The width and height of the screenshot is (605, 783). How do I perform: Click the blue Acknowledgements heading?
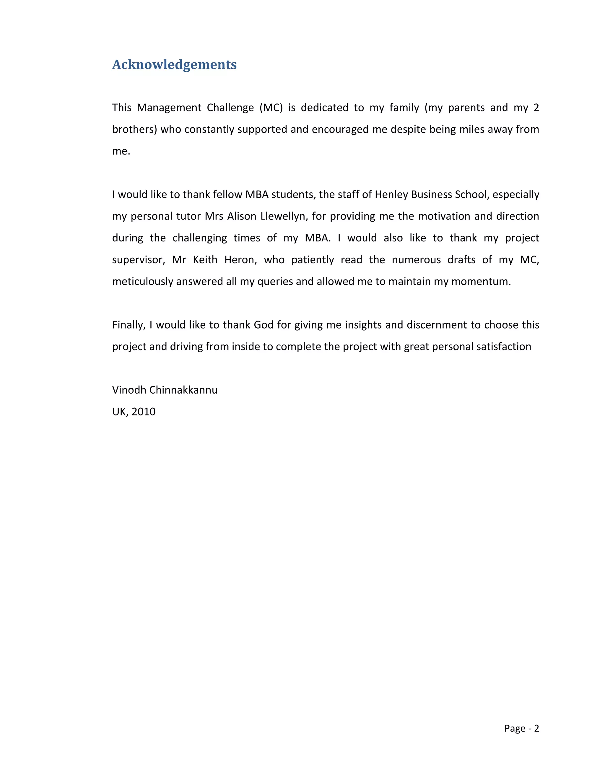174,64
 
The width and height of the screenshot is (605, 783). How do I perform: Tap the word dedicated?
324,108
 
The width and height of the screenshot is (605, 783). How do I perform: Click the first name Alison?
242,216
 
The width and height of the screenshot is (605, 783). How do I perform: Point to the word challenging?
200,238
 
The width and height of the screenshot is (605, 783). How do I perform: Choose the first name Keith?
205,259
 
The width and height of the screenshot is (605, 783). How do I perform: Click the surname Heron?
240,259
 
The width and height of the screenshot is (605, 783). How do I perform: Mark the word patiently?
313,259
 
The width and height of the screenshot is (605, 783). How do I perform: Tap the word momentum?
481,281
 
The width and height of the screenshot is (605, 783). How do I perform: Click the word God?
264,325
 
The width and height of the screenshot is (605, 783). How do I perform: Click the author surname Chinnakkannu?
183,390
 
